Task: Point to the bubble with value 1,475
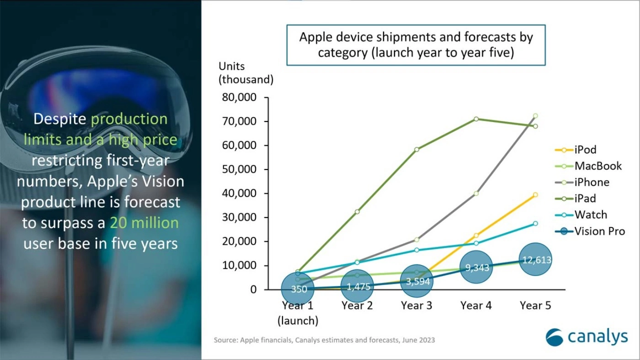click(x=357, y=286)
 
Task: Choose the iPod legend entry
click(x=585, y=149)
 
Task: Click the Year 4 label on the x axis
click(x=476, y=305)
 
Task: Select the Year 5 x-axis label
click(x=535, y=305)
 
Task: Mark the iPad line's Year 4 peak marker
click(x=476, y=119)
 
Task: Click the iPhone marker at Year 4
click(x=476, y=193)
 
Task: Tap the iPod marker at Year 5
click(x=535, y=195)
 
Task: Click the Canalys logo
click(x=587, y=337)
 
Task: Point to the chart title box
click(x=416, y=45)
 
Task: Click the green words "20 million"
click(x=144, y=223)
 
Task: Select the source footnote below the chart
click(x=324, y=340)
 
